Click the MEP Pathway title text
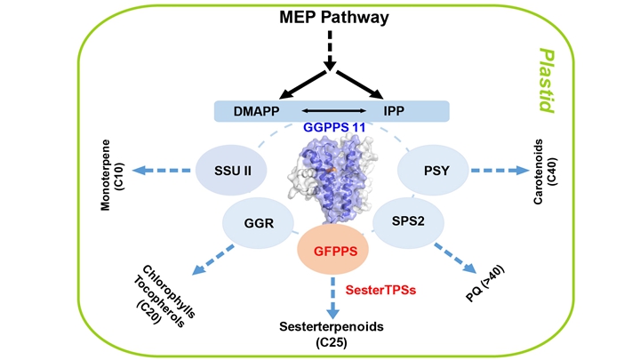[x=330, y=18]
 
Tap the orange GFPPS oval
[x=335, y=251]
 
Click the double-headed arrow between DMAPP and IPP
[x=329, y=111]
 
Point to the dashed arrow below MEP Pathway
[x=331, y=50]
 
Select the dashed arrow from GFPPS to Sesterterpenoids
[x=334, y=298]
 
